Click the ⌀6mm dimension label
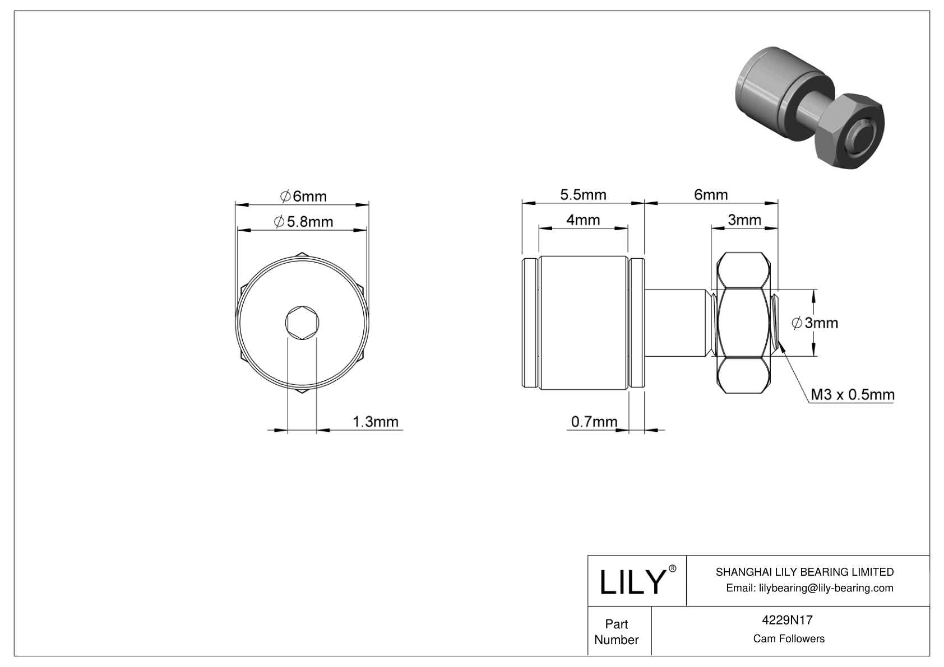click(303, 196)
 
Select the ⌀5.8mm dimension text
click(303, 222)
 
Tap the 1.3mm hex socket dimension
click(375, 421)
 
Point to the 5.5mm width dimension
click(583, 194)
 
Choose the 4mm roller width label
click(583, 220)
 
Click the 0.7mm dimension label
click(594, 421)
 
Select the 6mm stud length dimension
click(710, 194)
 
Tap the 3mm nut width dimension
click(744, 220)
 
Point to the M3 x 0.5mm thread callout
click(852, 394)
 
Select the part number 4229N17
click(788, 620)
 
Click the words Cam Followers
click(788, 638)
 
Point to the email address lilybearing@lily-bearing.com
click(809, 588)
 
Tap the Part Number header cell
click(616, 632)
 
